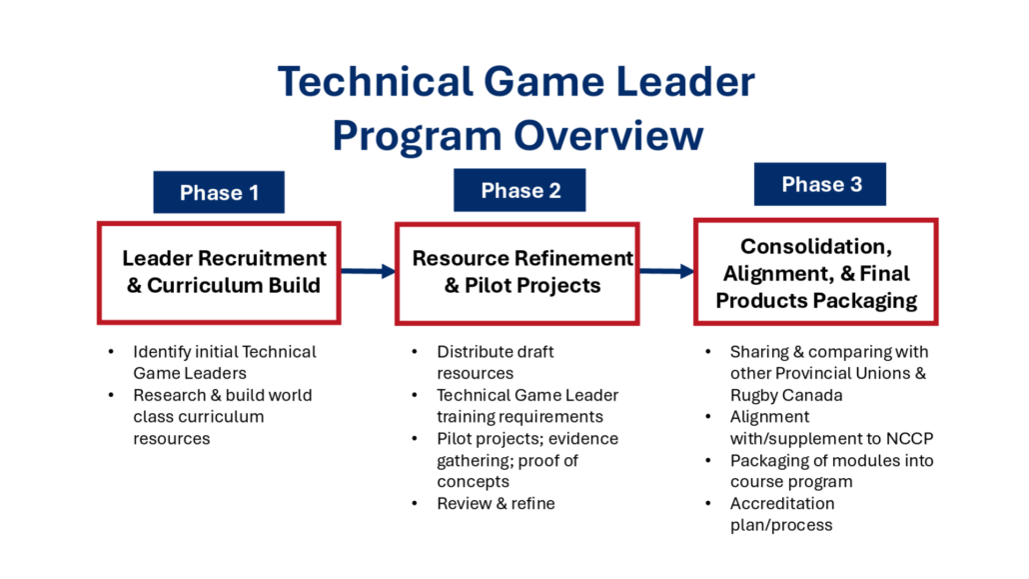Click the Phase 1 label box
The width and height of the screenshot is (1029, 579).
(x=219, y=192)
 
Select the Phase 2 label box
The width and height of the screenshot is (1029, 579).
(x=519, y=190)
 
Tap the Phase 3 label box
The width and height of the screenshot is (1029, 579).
(x=819, y=184)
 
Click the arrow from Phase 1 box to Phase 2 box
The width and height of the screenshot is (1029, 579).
(x=369, y=271)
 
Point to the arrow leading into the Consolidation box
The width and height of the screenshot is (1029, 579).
(x=666, y=271)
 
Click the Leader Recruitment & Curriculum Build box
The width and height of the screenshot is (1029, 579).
(x=219, y=272)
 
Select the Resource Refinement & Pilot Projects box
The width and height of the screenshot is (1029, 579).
(x=517, y=273)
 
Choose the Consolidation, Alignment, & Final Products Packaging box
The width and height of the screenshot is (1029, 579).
(x=816, y=271)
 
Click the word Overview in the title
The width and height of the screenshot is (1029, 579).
(x=608, y=135)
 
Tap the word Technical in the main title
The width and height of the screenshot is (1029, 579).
(x=376, y=81)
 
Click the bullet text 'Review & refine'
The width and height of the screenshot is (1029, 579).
(x=497, y=503)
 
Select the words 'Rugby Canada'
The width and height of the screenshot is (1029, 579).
(x=786, y=395)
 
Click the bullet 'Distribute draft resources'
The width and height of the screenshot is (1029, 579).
(x=496, y=362)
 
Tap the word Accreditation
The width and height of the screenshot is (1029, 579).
(x=782, y=503)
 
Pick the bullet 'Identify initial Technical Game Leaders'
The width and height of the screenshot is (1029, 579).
(x=225, y=362)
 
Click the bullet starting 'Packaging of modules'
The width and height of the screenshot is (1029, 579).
(x=831, y=471)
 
